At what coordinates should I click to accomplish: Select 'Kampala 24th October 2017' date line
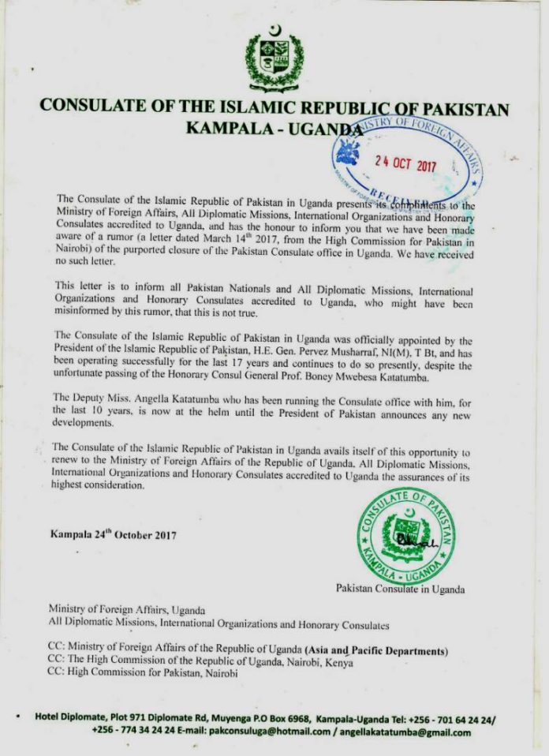click(114, 534)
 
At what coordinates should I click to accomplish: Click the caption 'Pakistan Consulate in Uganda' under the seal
click(400, 589)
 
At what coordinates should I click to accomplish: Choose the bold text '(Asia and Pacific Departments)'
click(382, 650)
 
